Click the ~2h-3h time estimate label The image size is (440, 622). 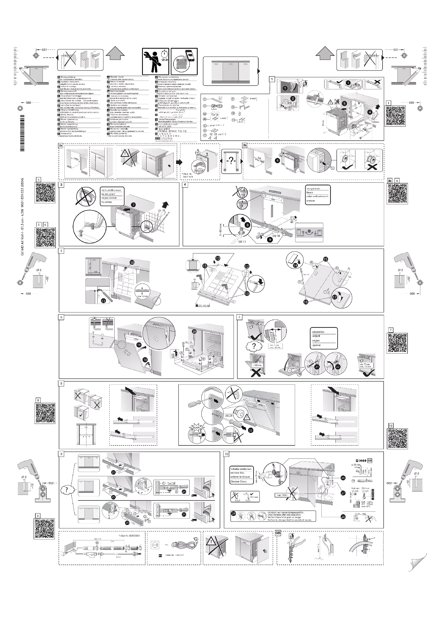(x=164, y=60)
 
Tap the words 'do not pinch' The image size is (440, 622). (x=108, y=194)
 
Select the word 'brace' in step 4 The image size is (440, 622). (x=310, y=192)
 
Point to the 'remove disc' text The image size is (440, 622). (x=237, y=473)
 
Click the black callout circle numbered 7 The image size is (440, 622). (x=133, y=205)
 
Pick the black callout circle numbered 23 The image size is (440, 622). (x=251, y=430)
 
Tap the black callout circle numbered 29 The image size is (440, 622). (x=234, y=513)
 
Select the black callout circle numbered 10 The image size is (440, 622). (x=132, y=262)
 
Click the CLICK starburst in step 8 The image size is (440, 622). (x=196, y=428)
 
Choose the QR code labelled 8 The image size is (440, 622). (x=45, y=414)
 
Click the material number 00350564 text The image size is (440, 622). (x=129, y=536)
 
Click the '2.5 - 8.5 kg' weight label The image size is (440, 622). (x=203, y=305)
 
